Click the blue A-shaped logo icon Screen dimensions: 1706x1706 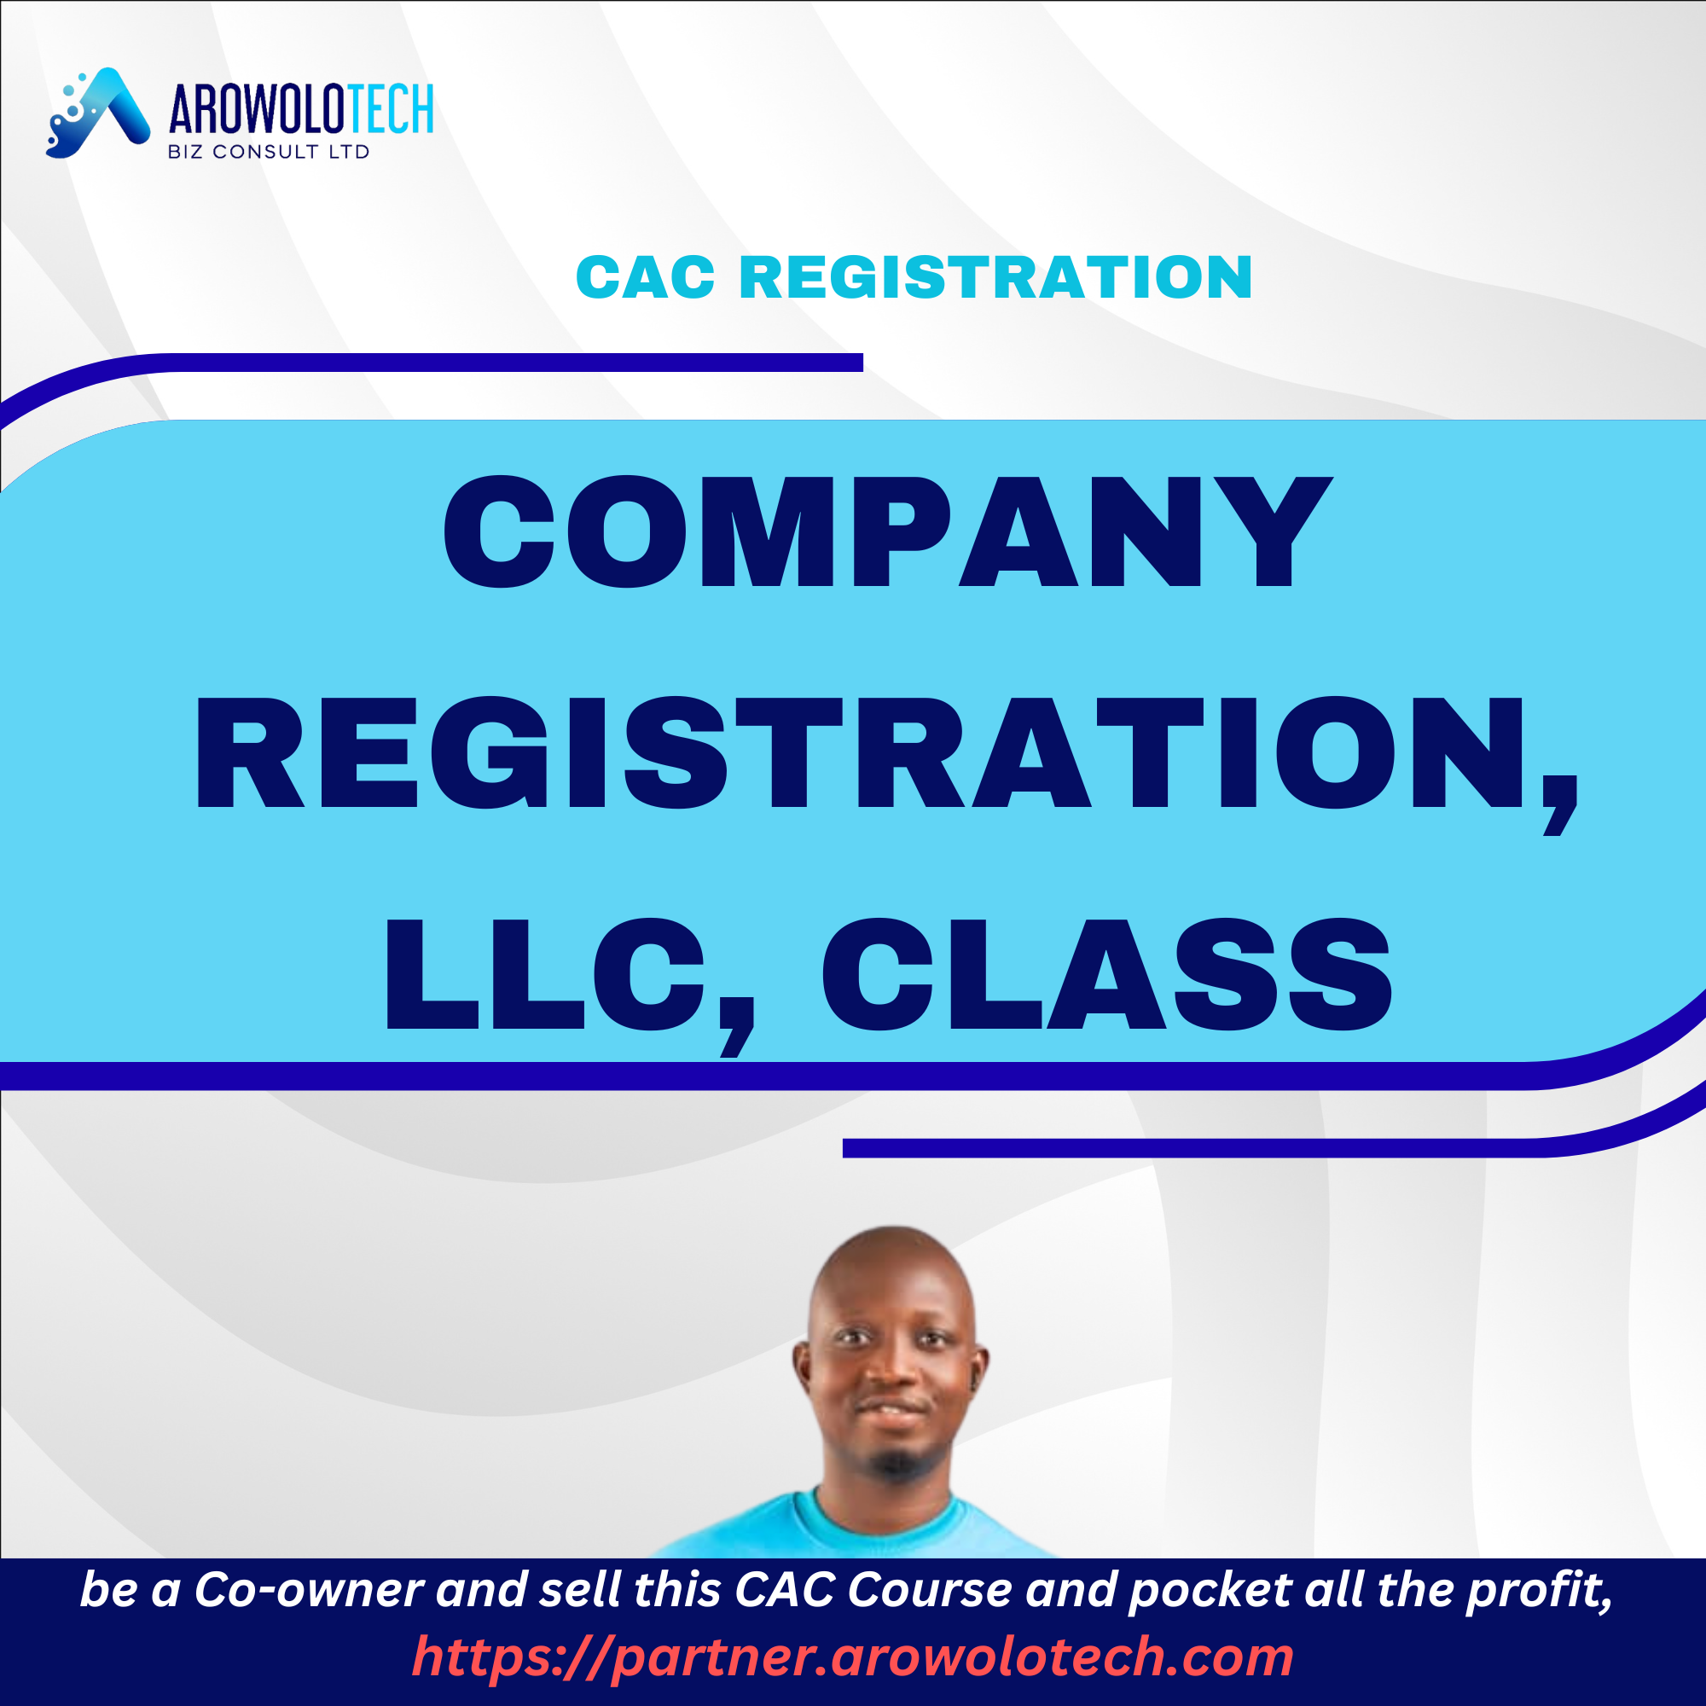pos(99,113)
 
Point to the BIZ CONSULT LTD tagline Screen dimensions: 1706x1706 pos(269,152)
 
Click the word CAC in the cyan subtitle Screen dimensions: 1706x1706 pos(645,277)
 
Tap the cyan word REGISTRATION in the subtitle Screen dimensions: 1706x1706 pos(995,277)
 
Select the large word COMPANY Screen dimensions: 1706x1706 pos(886,531)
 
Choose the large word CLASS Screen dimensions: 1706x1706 pos(1106,974)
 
